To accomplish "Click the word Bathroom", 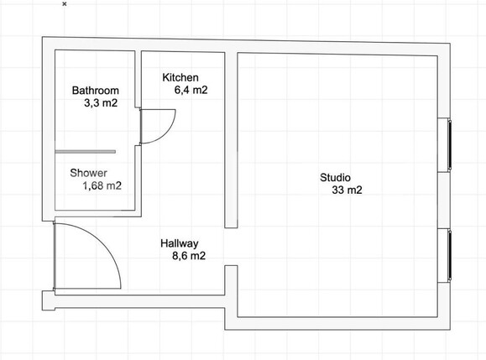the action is click(96, 91).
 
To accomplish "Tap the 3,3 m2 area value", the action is click(101, 103).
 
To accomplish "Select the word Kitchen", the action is click(180, 77).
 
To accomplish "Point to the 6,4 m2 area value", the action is click(191, 90).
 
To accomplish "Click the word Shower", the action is click(89, 173).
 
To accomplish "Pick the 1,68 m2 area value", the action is click(102, 185).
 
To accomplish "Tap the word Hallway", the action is click(180, 244).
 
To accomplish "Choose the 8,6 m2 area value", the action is click(189, 256).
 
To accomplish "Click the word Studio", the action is click(336, 178).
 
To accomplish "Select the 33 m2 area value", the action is click(347, 190).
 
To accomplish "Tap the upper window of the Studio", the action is click(450, 144).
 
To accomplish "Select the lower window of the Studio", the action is click(450, 256).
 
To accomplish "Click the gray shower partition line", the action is click(86, 152).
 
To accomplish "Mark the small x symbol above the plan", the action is click(65, 4).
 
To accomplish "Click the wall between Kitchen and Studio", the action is click(231, 140).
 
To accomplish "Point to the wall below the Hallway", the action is click(139, 301).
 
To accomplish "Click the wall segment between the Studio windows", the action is click(443, 200).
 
